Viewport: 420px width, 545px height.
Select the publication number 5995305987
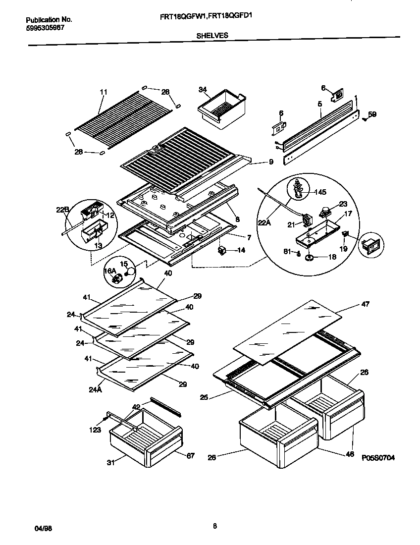click(x=45, y=28)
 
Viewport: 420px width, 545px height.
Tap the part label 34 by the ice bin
click(x=202, y=90)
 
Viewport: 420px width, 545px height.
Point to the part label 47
click(x=366, y=304)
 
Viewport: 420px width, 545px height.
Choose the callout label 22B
click(x=62, y=210)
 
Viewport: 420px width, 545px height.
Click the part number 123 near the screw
click(x=96, y=430)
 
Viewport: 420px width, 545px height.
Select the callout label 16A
click(x=109, y=271)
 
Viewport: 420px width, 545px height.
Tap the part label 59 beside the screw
click(x=372, y=114)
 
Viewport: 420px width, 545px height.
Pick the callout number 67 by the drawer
click(x=191, y=455)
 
